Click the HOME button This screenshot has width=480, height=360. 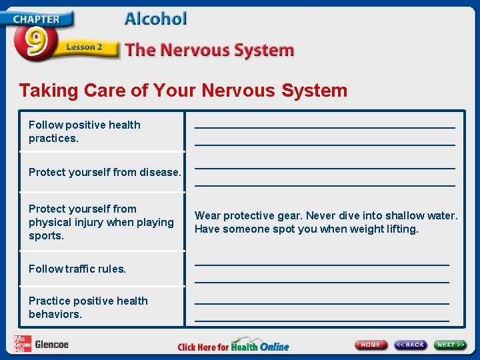pos(371,345)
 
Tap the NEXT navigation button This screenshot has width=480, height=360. pos(450,345)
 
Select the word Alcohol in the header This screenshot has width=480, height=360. pos(155,19)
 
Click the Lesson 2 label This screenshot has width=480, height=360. pos(84,47)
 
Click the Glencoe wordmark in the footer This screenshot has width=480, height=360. pos(51,345)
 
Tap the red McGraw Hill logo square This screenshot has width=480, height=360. pos(23,344)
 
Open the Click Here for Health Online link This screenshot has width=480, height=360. pos(233,346)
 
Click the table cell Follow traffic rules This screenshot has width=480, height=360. pos(77,269)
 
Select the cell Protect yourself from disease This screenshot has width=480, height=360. pos(105,172)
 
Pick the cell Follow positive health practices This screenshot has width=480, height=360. pos(85,131)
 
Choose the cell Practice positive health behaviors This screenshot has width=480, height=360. pos(88,307)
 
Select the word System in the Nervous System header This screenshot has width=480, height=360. pos(267,50)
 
